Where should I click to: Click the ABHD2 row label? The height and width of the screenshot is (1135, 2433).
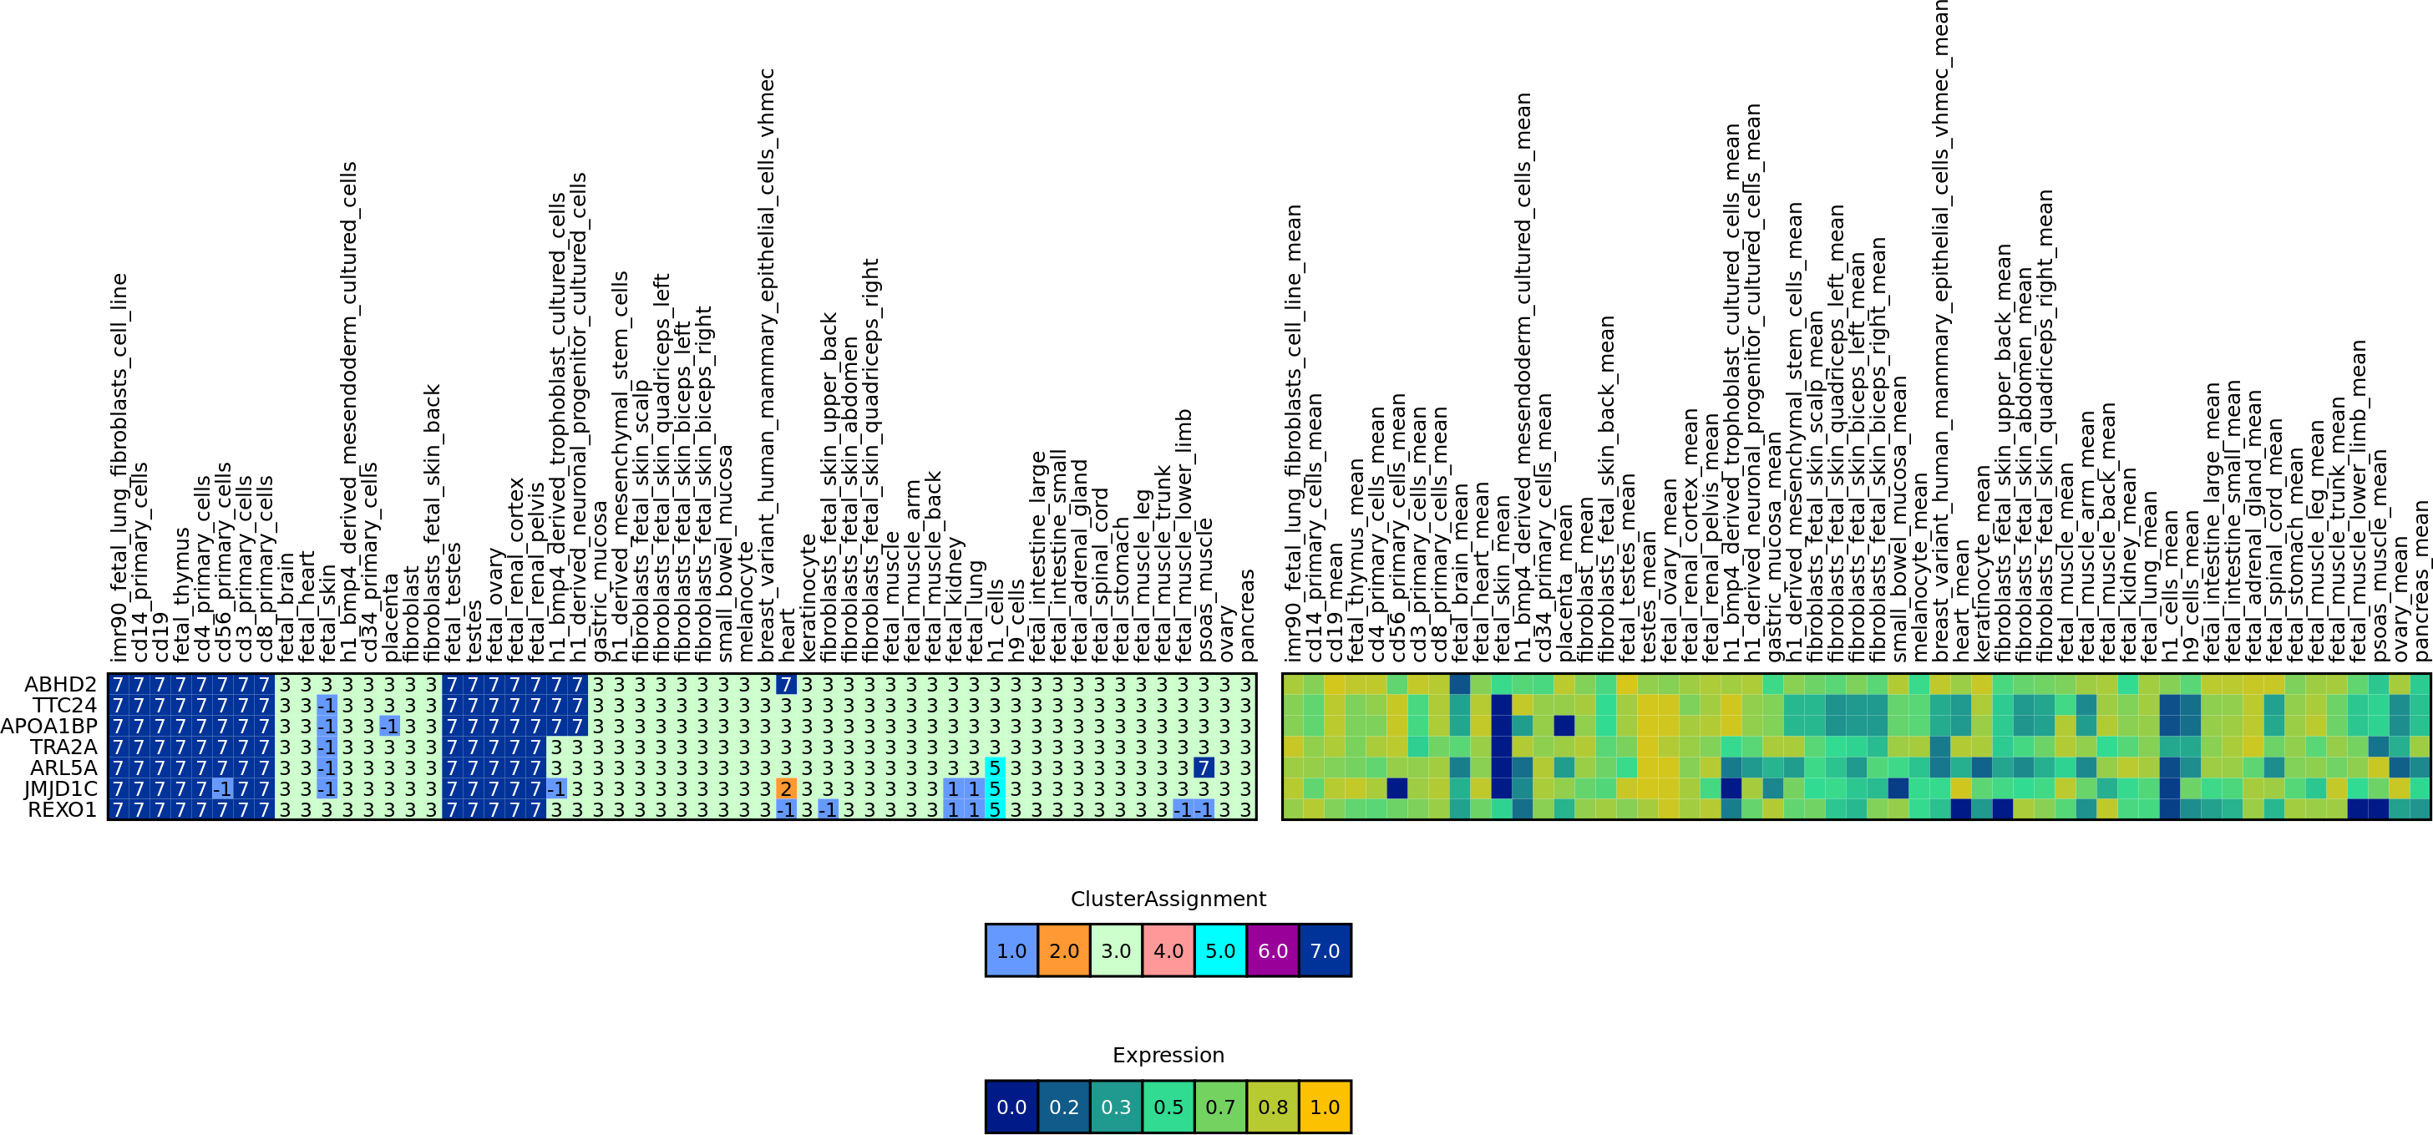click(60, 684)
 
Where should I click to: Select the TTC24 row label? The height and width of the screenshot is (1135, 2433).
click(64, 704)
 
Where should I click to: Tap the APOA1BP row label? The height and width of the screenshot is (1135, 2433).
click(49, 725)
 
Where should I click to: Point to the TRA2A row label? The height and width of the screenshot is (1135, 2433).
click(63, 747)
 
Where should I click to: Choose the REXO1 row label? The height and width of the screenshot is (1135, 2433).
click(63, 809)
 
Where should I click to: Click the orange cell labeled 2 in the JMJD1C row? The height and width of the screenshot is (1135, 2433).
click(786, 788)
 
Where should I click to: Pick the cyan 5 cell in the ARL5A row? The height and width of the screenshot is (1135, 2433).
click(994, 768)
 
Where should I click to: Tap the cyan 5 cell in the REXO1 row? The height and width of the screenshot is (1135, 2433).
click(994, 809)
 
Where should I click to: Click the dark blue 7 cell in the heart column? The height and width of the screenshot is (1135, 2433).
click(786, 684)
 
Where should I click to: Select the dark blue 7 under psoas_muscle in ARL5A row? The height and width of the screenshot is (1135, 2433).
click(1203, 768)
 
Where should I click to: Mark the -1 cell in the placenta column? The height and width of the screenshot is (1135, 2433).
click(389, 726)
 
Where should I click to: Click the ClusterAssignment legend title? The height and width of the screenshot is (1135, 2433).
click(1168, 899)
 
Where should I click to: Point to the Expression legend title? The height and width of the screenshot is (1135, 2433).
click(1168, 1055)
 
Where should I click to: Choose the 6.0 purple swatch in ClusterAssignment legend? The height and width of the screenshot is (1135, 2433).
click(1272, 950)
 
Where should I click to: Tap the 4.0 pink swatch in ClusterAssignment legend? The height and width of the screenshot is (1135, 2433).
click(1168, 950)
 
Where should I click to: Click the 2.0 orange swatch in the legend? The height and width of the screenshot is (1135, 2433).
click(1063, 950)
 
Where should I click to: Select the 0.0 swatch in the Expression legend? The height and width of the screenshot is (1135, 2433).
click(1011, 1107)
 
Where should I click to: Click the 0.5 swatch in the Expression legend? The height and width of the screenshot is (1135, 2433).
click(1168, 1107)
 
